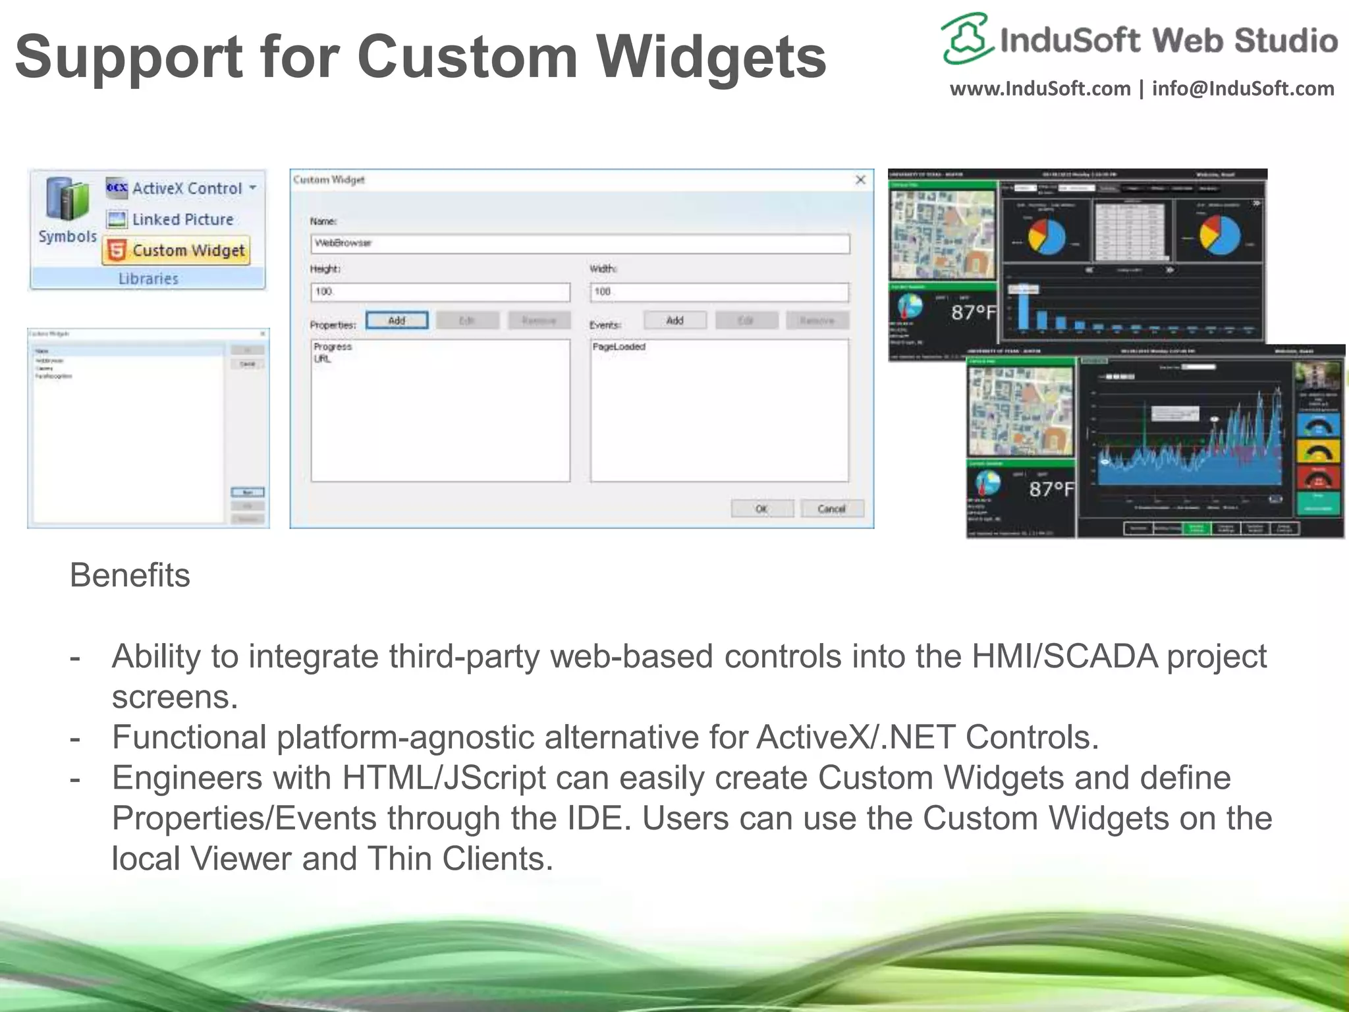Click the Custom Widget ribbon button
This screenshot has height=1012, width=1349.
pos(177,250)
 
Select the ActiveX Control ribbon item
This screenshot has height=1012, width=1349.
pos(181,188)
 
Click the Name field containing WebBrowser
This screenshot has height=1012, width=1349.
pos(580,243)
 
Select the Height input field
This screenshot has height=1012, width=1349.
pos(440,292)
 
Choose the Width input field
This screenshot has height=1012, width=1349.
pos(719,292)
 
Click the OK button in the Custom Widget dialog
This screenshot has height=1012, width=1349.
pos(761,509)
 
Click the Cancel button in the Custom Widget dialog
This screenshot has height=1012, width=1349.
pos(831,509)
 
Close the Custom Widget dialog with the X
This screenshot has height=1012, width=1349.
pos(860,180)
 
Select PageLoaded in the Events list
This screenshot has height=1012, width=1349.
pos(619,347)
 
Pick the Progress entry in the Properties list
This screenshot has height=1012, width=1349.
pos(333,347)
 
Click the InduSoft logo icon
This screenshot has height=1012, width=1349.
pos(966,38)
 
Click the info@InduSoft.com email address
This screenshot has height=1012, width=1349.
pos(1243,88)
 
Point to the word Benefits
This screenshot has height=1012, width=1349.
pos(130,575)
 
